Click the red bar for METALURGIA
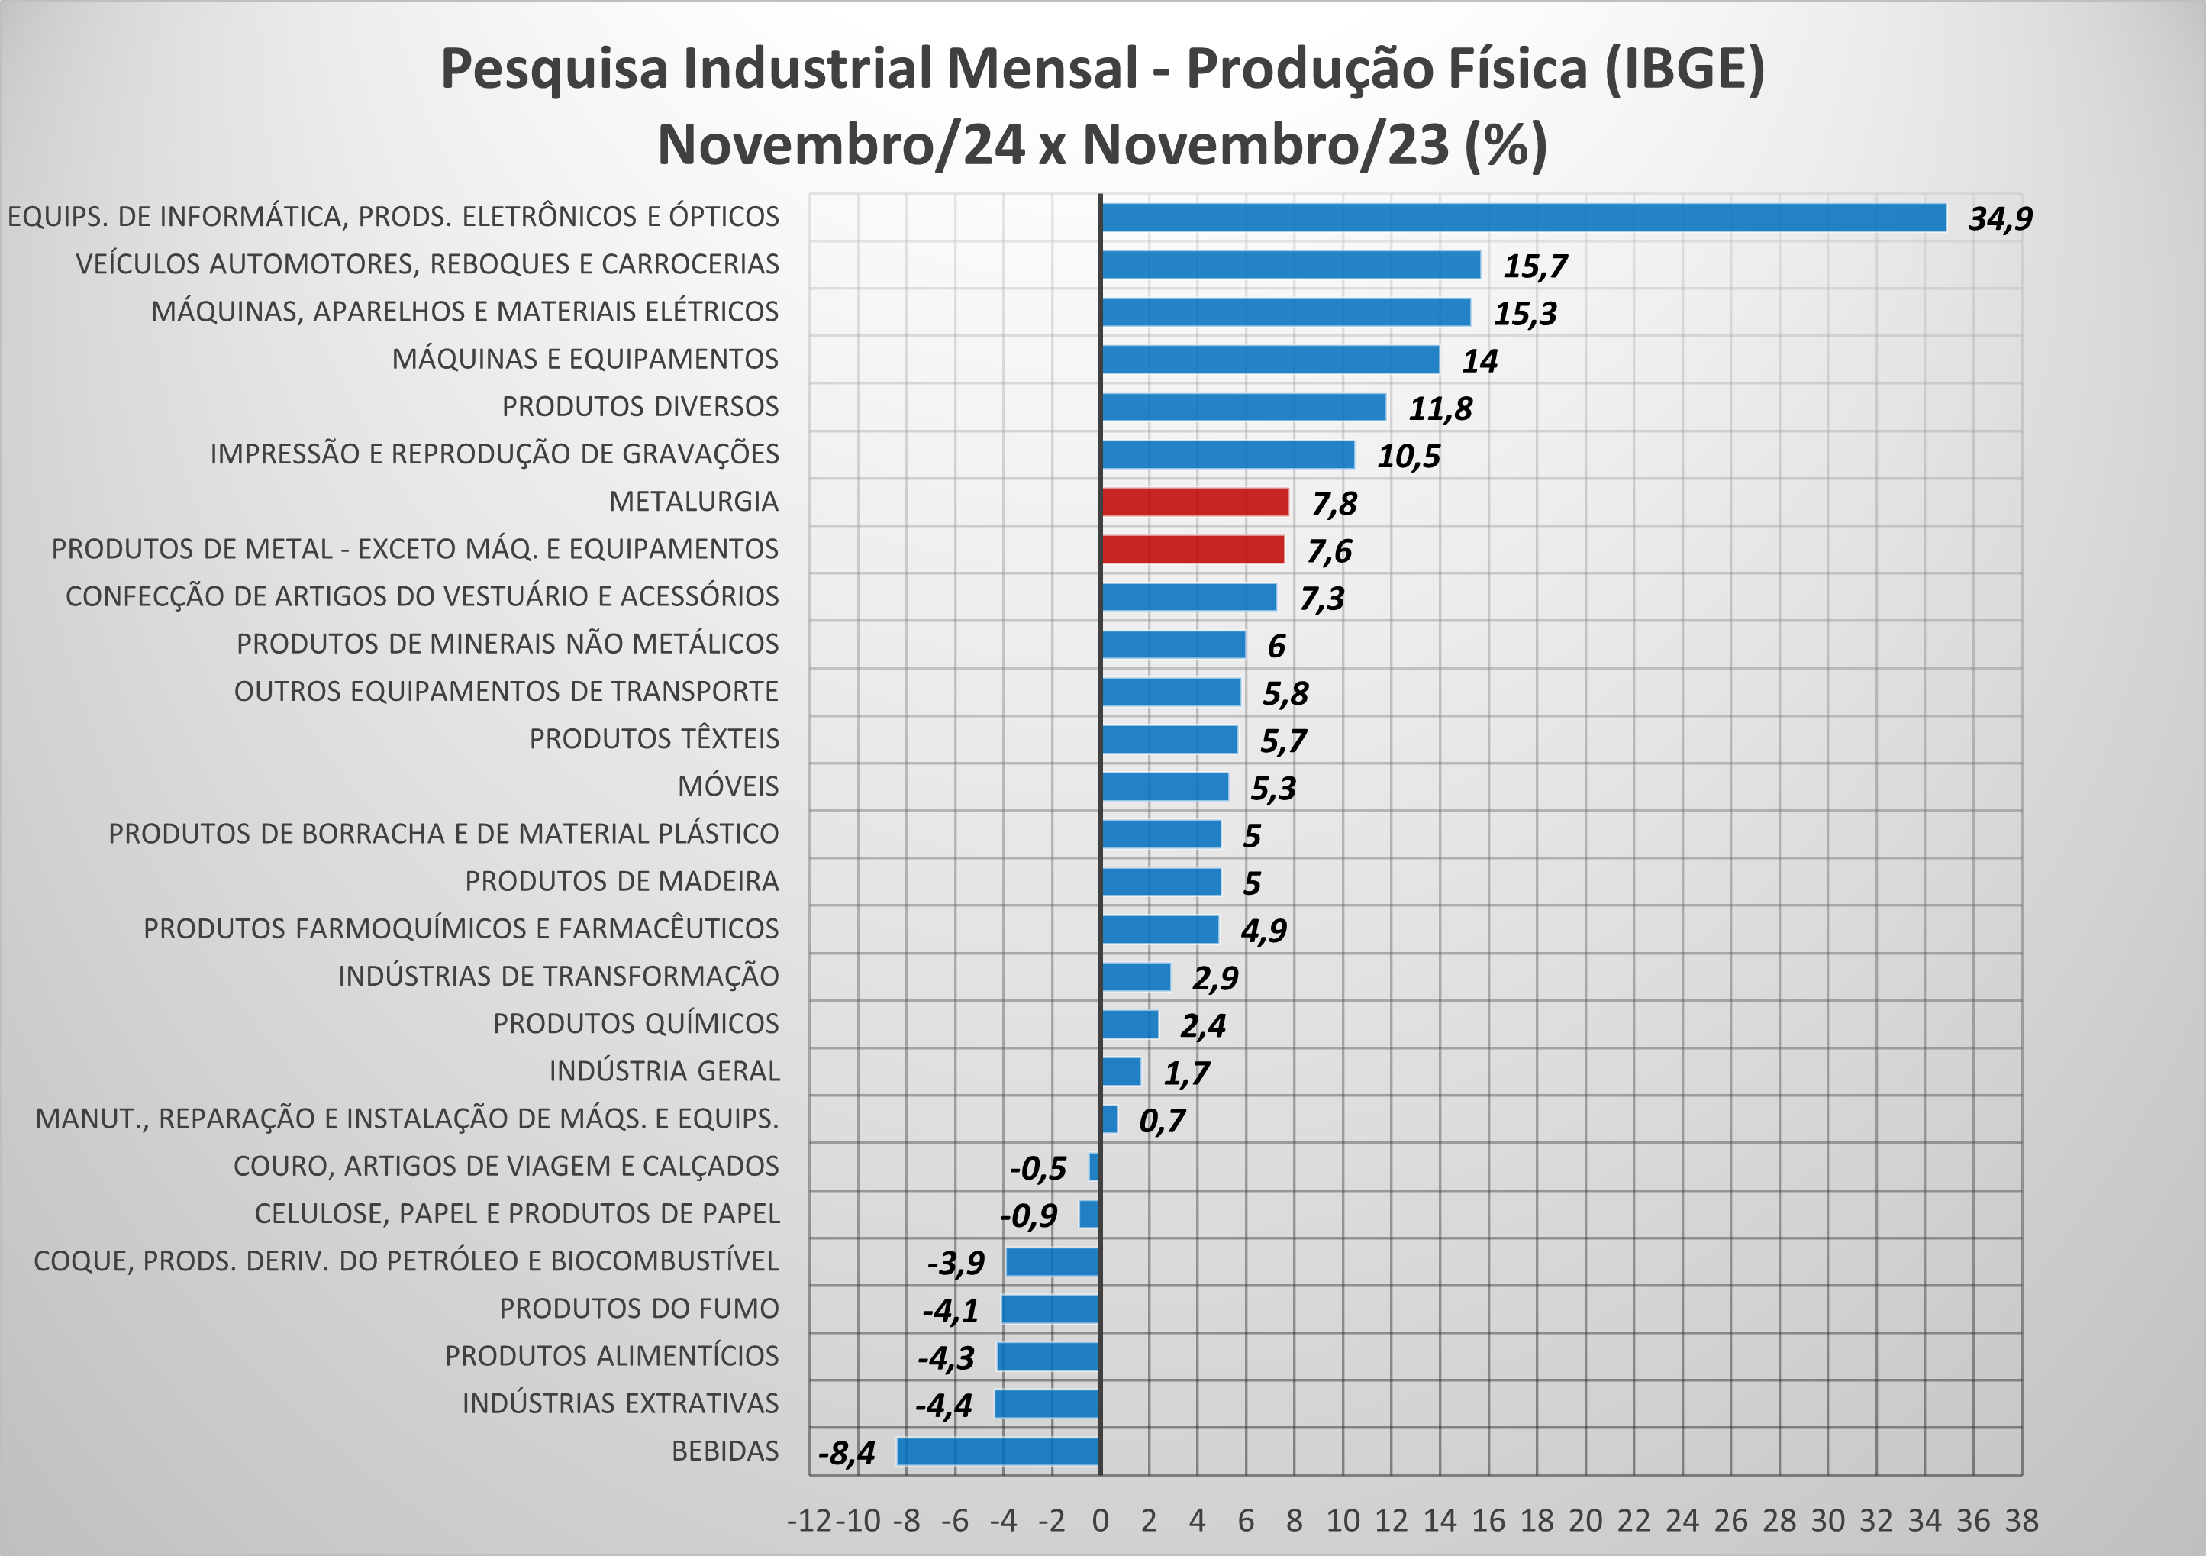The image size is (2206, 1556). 1195,502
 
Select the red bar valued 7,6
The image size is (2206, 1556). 1192,549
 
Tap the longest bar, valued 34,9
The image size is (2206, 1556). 1523,217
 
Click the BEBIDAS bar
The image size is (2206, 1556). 998,1451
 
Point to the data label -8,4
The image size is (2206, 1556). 847,1453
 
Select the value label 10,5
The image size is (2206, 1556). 1408,457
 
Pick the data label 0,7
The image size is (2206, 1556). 1162,1121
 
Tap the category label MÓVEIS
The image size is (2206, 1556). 728,786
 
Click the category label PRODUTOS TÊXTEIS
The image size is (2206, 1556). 654,739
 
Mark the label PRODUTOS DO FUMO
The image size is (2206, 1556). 639,1309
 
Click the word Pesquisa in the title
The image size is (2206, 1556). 553,69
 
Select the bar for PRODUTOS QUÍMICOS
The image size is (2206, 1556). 1130,1025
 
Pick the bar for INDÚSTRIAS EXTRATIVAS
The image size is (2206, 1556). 1047,1404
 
